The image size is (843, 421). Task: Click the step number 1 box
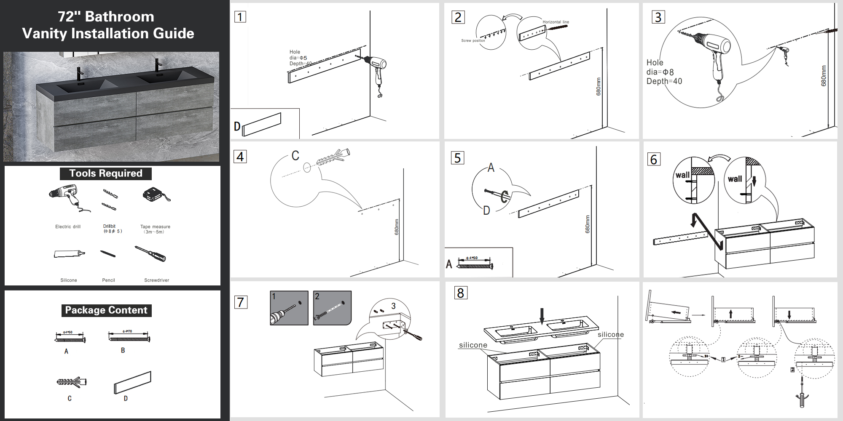240,17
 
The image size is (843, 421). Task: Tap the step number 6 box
654,160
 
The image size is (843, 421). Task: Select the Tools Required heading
105,173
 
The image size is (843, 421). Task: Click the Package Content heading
106,310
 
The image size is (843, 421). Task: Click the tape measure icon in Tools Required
156,195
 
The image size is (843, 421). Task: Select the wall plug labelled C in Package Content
72,382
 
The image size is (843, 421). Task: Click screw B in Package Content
129,337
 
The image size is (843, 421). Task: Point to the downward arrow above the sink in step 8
542,316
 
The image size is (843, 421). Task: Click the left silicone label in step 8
473,345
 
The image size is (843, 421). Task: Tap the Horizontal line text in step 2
556,22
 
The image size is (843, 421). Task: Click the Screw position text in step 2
473,41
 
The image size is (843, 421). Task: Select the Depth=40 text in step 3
664,81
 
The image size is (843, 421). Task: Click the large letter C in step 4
295,156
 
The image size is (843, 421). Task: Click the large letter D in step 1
237,126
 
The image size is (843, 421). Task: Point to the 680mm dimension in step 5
588,224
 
